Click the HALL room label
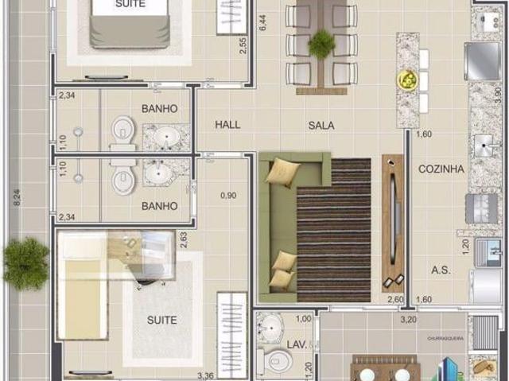click(x=227, y=125)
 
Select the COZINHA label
click(x=441, y=169)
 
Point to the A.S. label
click(x=441, y=270)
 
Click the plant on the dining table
click(x=321, y=44)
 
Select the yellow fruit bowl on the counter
click(x=407, y=80)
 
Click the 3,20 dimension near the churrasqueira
click(x=408, y=321)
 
